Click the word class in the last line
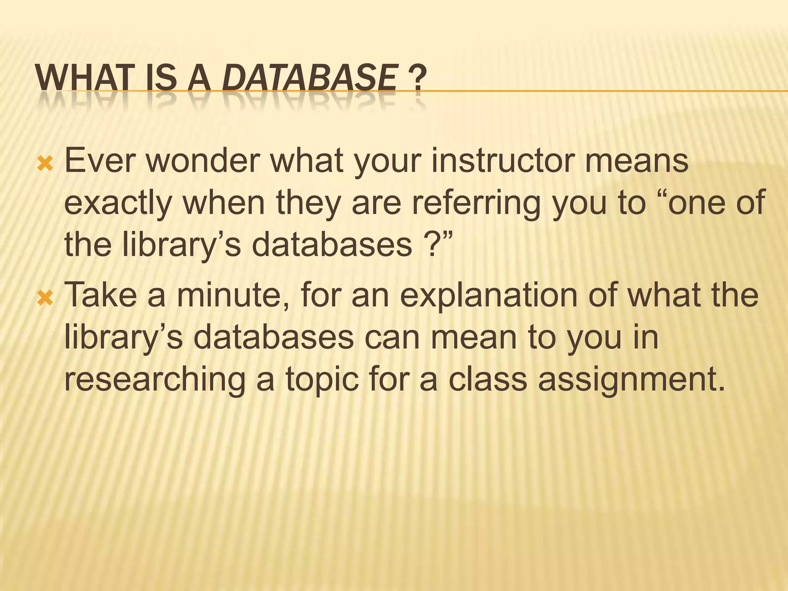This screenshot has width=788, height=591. click(x=487, y=379)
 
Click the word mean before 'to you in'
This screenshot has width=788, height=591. click(x=473, y=337)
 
